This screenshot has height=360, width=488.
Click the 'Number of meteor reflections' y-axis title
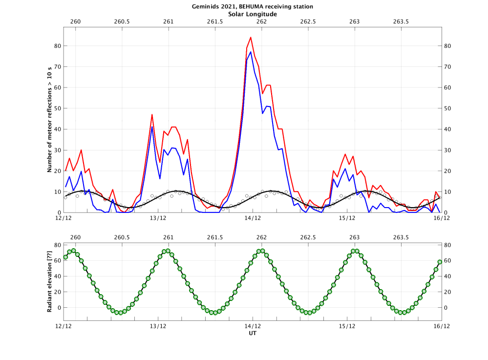click(50, 120)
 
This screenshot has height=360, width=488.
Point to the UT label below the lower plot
click(253, 334)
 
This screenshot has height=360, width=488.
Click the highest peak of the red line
click(251, 37)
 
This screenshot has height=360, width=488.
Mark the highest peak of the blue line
click(251, 52)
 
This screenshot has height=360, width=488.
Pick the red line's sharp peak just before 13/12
click(152, 115)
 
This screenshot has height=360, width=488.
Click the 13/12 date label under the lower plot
click(158, 326)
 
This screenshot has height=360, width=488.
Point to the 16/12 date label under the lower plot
click(441, 326)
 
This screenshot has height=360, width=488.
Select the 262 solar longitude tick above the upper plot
click(261, 22)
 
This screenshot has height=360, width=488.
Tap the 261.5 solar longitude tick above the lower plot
click(215, 237)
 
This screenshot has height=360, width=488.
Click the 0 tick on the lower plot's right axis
click(447, 308)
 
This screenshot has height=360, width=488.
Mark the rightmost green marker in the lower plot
click(440, 262)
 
